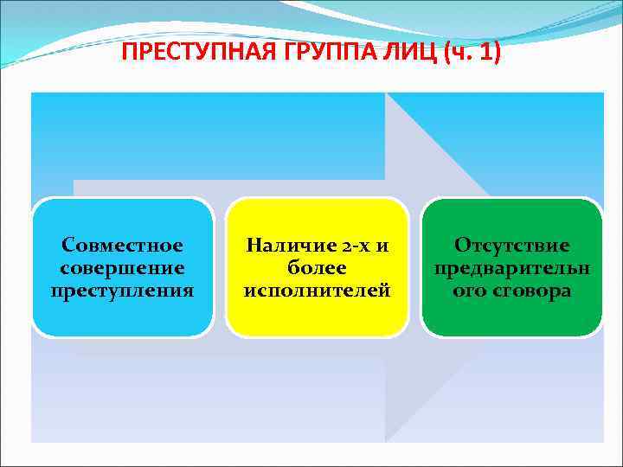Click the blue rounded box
point(122,317)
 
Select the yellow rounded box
point(317,317)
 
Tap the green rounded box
point(511,317)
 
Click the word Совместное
point(122,246)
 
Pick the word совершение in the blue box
point(122,268)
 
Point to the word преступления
point(122,291)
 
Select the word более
point(317,268)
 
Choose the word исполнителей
point(317,291)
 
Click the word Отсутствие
point(511,246)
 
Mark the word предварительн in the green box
point(511,268)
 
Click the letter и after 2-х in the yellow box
point(381,246)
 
